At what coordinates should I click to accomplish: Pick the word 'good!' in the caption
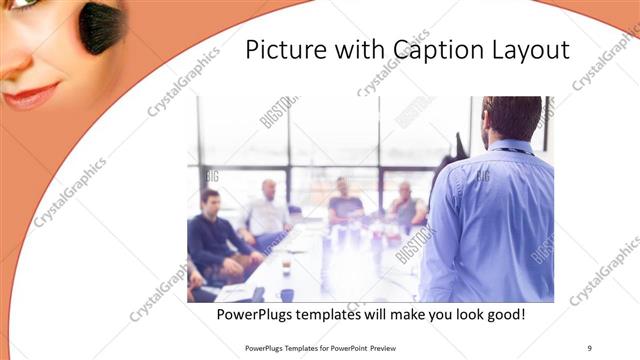click(x=501, y=316)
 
